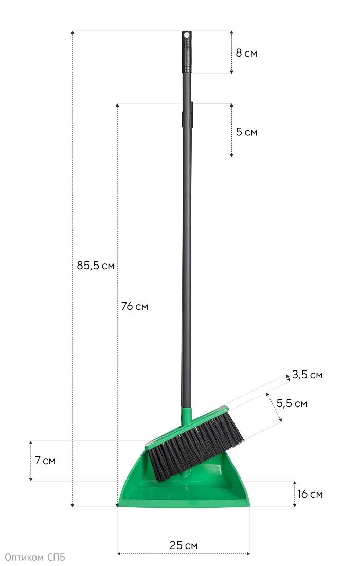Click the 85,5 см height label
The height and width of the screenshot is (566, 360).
pos(96,266)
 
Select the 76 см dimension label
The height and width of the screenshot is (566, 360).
pos(135,306)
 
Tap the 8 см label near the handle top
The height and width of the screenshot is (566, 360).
pos(246,53)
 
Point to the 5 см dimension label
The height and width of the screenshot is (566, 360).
pos(247,132)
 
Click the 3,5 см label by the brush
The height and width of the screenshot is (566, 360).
pos(308,375)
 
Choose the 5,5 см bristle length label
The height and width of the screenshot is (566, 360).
pos(292,403)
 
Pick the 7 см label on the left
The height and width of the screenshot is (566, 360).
pos(45,461)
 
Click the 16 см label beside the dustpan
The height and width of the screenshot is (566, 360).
pos(310,494)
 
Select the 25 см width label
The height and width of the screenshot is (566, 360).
pos(184,545)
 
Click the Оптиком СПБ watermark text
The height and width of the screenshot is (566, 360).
pos(34,558)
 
